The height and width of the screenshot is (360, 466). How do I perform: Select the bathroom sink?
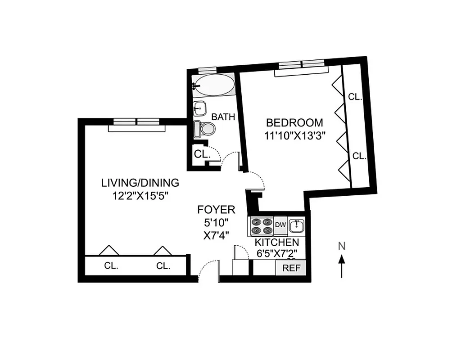[x=199, y=108]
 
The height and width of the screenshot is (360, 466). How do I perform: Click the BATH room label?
[x=223, y=117]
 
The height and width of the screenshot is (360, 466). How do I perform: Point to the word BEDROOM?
[x=294, y=122]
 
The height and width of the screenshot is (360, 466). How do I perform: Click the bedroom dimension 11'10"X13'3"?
[x=294, y=134]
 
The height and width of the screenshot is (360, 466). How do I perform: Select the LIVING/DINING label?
[x=140, y=183]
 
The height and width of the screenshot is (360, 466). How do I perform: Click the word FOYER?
[x=216, y=210]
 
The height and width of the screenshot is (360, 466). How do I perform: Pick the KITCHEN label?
[x=276, y=243]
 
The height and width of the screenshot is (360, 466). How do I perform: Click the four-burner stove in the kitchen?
[x=262, y=226]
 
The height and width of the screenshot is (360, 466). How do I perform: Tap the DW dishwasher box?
[x=280, y=225]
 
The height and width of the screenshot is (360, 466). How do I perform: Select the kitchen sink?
[x=296, y=225]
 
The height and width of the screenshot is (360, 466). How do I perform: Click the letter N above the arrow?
[x=342, y=246]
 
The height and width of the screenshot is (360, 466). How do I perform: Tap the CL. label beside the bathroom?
[x=202, y=153]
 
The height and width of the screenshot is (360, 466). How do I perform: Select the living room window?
[x=136, y=121]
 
